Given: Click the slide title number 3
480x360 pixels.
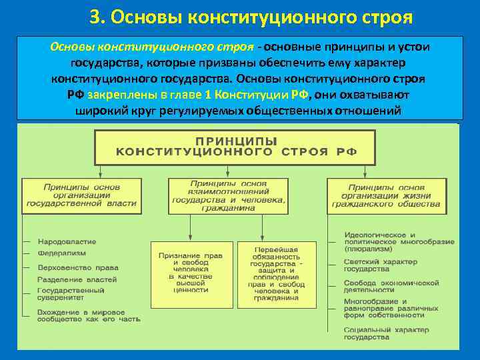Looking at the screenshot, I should (x=95, y=15).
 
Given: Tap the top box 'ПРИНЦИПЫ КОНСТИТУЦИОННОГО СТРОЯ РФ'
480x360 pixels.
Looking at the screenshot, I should (x=237, y=147).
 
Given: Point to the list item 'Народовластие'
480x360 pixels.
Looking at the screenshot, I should (x=67, y=241).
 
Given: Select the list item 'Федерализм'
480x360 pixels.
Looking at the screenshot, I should (x=61, y=254).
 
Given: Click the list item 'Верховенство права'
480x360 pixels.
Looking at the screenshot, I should (x=73, y=267).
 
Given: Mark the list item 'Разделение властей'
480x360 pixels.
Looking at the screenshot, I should (x=77, y=279).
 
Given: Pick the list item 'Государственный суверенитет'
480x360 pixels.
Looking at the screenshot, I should (x=71, y=294).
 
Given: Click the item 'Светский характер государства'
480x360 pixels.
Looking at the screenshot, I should (x=380, y=265).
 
